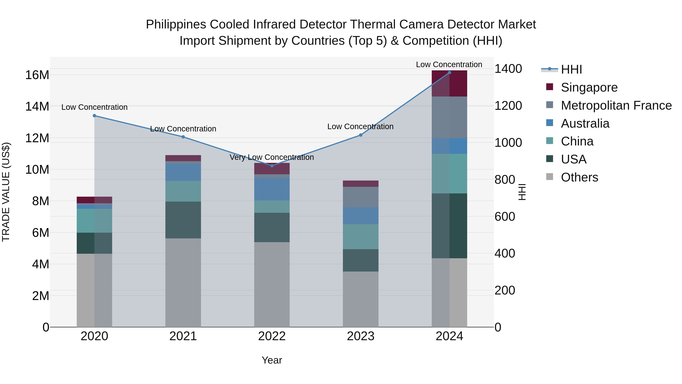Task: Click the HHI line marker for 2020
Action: pos(94,115)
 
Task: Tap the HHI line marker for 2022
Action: pos(272,166)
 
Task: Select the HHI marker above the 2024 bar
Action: pos(449,73)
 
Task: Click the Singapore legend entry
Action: pos(589,87)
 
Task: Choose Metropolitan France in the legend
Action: pos(616,105)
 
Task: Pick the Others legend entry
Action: pos(579,177)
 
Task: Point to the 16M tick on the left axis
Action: pos(37,75)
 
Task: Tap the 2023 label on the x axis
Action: pos(361,336)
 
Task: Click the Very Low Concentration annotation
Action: pos(272,157)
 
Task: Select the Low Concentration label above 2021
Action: pos(183,129)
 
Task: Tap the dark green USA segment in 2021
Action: pos(183,220)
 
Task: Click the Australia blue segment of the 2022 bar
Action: pos(272,189)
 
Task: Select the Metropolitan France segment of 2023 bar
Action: pos(361,197)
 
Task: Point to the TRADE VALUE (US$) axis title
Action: pos(6,192)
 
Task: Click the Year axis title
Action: pos(272,360)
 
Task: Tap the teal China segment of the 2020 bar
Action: pos(94,221)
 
